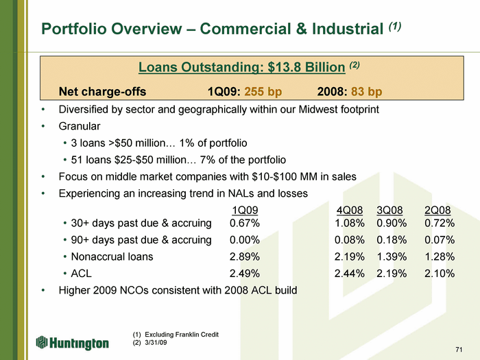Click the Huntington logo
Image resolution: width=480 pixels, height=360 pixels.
pyautogui.click(x=72, y=343)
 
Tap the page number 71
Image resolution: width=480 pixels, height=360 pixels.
pyautogui.click(x=459, y=350)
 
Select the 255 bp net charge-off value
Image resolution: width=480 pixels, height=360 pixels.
pyautogui.click(x=263, y=91)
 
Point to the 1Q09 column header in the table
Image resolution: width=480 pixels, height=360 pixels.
pyautogui.click(x=245, y=211)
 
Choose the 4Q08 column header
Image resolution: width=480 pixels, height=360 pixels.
pyautogui.click(x=350, y=211)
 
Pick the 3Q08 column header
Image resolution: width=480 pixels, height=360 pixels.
pyautogui.click(x=389, y=211)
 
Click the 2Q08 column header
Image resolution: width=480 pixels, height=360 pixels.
pyautogui.click(x=437, y=211)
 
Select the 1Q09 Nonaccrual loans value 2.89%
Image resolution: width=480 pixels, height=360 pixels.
pyautogui.click(x=245, y=256)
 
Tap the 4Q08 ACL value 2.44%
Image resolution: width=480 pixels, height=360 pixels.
pyautogui.click(x=349, y=274)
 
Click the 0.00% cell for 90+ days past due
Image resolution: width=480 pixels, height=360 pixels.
pyautogui.click(x=245, y=240)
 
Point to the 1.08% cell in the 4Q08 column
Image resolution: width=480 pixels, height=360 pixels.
pyautogui.click(x=349, y=223)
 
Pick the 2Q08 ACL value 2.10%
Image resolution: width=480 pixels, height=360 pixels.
pyautogui.click(x=440, y=274)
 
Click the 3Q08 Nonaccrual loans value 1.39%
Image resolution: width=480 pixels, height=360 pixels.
pyautogui.click(x=392, y=256)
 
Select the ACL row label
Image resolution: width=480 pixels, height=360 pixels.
pyautogui.click(x=81, y=274)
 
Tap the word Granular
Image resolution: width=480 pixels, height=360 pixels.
pyautogui.click(x=80, y=126)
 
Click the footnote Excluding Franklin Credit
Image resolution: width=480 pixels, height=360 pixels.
pyautogui.click(x=182, y=335)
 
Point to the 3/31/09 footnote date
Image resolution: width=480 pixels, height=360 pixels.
pyautogui.click(x=156, y=342)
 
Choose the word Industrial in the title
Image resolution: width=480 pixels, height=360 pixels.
pyautogui.click(x=348, y=29)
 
